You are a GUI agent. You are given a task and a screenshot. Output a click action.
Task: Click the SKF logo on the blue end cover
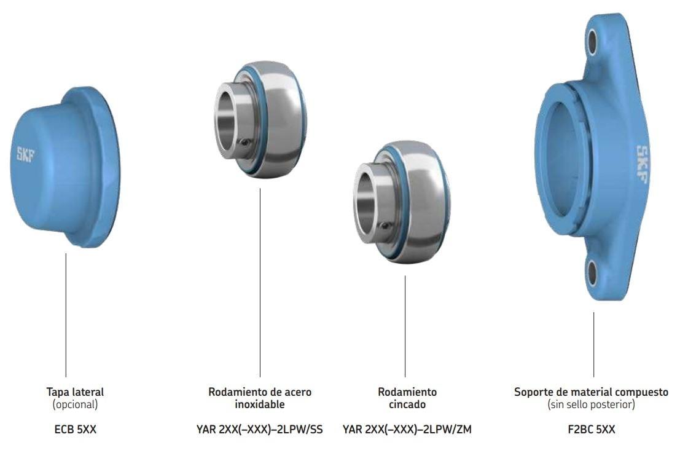tap(25, 154)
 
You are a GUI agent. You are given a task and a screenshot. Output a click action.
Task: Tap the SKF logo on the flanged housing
tap(643, 163)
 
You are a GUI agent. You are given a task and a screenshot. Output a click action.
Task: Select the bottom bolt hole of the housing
tap(592, 273)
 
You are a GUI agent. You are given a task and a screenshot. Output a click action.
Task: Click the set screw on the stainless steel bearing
tap(246, 142)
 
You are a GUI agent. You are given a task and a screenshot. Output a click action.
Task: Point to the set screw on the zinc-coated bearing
tap(385, 226)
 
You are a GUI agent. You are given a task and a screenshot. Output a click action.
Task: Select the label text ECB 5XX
tap(75, 429)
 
